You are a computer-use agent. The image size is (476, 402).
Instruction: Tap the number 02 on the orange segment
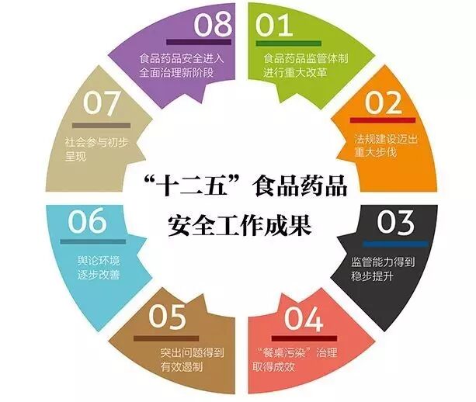(379, 102)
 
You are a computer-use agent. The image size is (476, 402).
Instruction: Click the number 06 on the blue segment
(86, 222)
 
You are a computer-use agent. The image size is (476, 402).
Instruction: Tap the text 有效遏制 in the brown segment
(181, 369)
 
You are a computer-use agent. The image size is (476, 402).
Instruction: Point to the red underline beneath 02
(377, 120)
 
